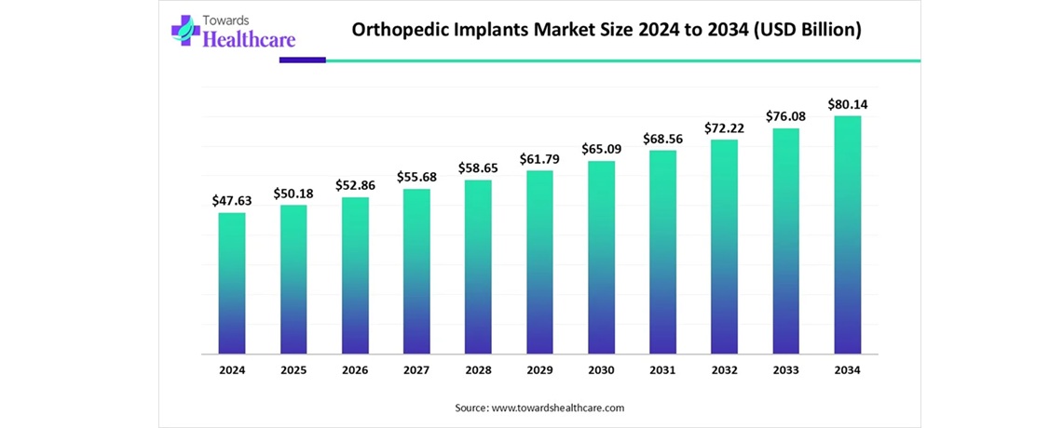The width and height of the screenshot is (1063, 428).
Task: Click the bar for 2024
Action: pos(232,284)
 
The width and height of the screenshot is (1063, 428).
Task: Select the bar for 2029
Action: pos(539,262)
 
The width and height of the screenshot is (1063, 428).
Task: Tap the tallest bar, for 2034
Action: pos(847,235)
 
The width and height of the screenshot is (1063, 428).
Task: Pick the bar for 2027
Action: pos(416,272)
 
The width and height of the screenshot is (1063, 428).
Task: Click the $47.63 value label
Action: pos(232,200)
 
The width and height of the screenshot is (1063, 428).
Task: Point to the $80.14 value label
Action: pos(847,103)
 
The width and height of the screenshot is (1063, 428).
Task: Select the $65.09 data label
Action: pos(601,148)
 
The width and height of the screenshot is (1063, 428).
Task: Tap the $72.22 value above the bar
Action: pos(724,126)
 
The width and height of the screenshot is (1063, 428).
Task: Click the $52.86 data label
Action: pos(355,184)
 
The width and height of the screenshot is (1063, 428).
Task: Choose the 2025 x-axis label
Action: pos(293,370)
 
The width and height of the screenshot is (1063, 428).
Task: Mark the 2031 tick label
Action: pos(662,370)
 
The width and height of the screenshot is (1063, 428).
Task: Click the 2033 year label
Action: pos(785,370)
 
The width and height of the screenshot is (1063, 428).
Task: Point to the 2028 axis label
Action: pos(478,370)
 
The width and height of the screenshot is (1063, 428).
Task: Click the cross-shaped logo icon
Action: pos(184,30)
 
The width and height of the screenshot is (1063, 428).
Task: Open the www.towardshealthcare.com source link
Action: pos(557,408)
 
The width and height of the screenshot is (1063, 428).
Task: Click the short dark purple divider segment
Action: pos(303,60)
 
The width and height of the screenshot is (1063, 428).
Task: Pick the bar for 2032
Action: pos(724,247)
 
